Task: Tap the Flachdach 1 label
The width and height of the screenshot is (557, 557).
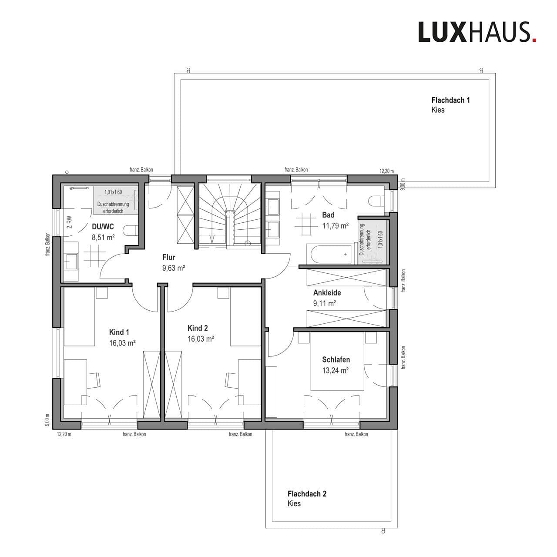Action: (450, 100)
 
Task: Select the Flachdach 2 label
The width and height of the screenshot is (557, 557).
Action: (307, 493)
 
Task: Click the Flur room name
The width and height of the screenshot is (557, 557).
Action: (169, 258)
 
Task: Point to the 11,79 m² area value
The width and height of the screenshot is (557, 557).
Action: (335, 225)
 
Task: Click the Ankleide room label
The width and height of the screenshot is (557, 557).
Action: (327, 293)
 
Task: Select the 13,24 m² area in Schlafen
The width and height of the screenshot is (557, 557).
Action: (336, 370)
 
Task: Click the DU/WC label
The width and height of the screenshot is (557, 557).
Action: (103, 226)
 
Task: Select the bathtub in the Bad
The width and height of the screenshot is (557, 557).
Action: (326, 254)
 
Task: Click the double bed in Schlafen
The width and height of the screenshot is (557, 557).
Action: (337, 361)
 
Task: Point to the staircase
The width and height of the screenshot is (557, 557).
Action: (229, 215)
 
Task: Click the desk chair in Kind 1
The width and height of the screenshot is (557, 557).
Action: (94, 380)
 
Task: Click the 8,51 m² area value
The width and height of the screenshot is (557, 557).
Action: (103, 238)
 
